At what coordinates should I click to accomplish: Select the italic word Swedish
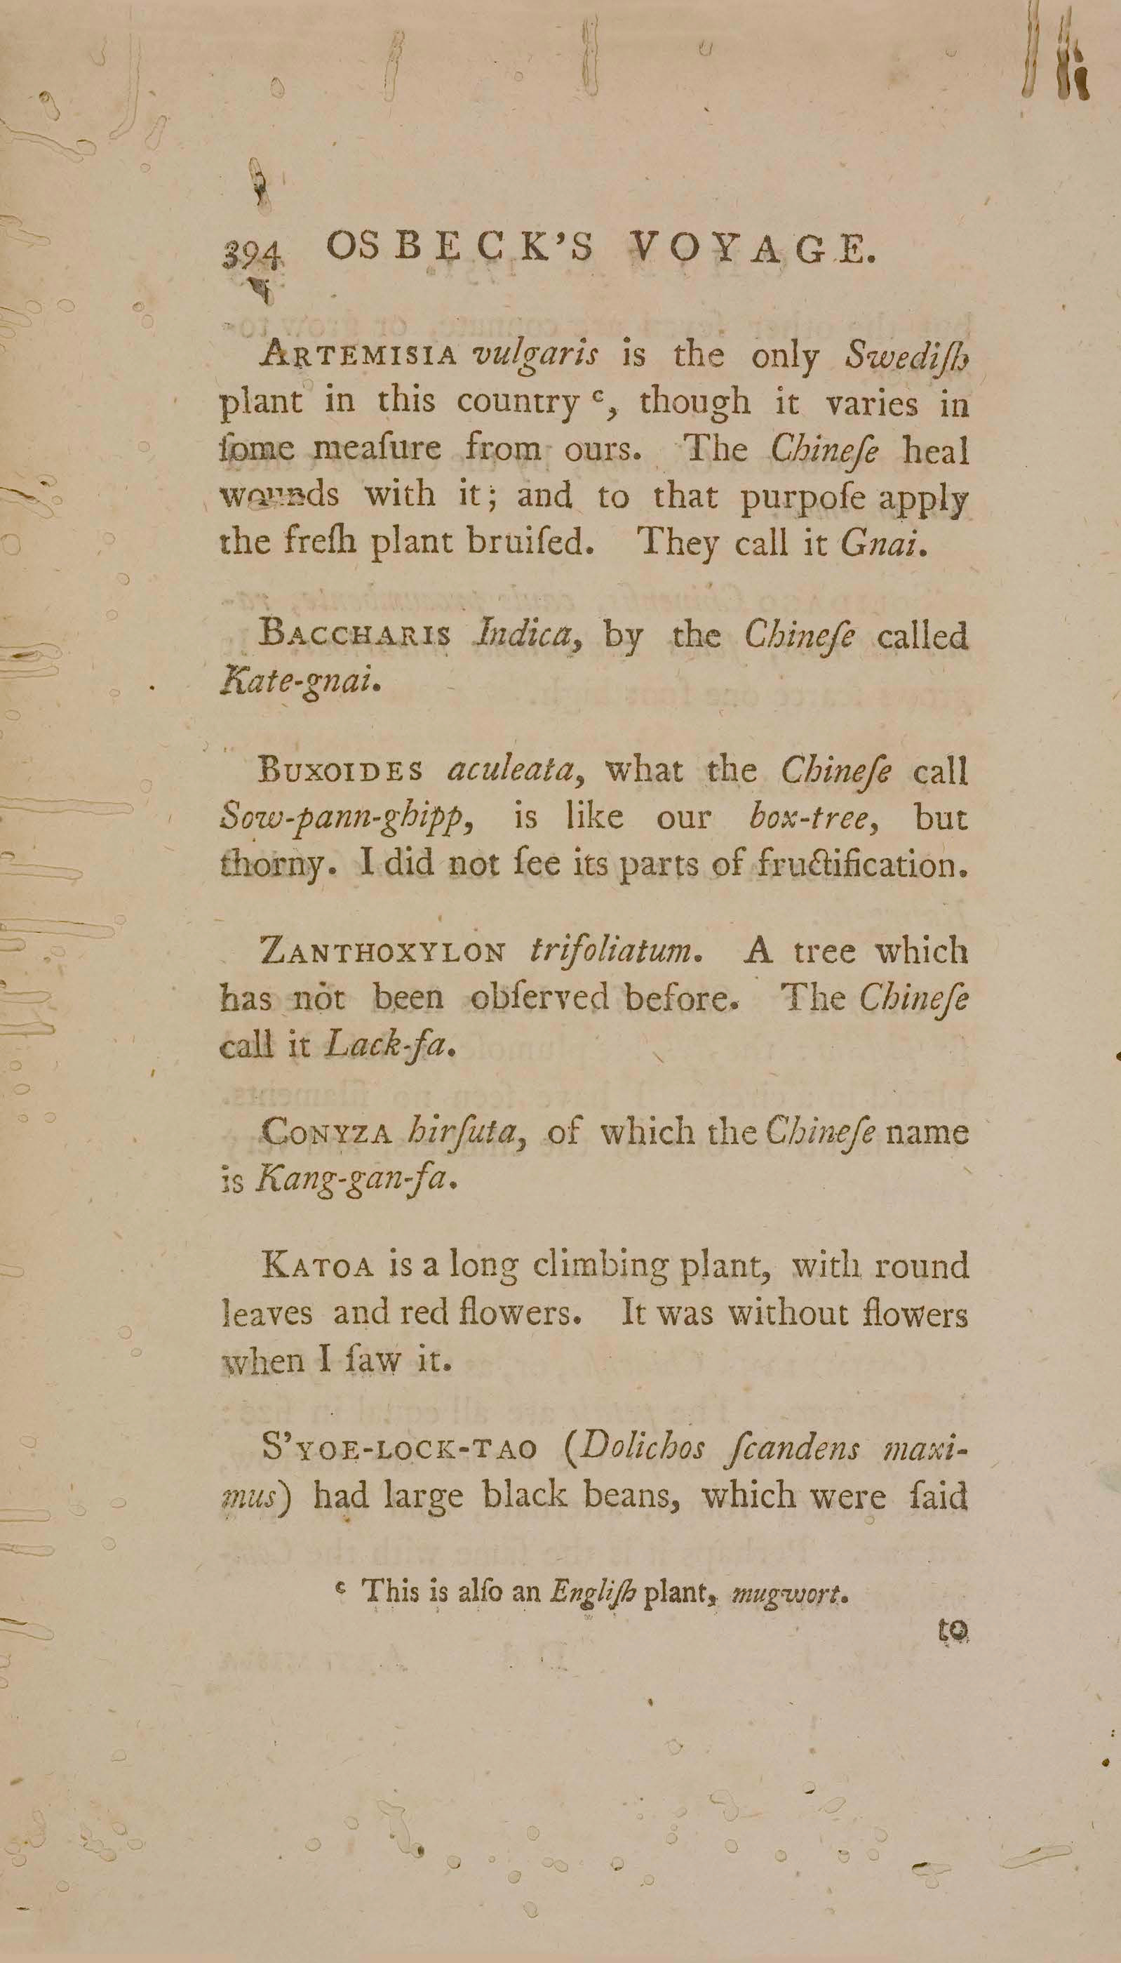906,356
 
